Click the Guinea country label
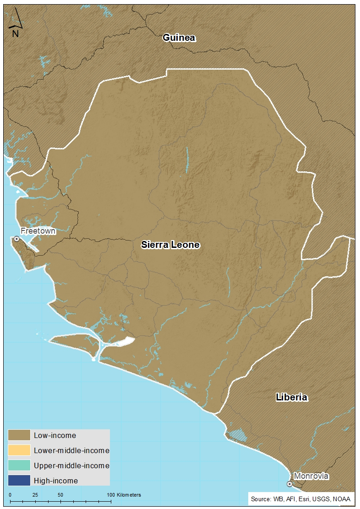tap(180, 38)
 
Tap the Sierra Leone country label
tap(170, 245)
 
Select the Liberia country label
tap(291, 397)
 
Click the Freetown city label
tap(38, 231)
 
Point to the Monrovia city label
tap(311, 476)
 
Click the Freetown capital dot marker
tap(16, 239)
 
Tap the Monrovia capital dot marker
tap(289, 484)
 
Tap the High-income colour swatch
tap(19, 481)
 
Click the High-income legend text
tap(56, 481)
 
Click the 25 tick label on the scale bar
tap(35, 495)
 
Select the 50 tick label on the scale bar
tap(60, 495)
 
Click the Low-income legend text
tap(55, 436)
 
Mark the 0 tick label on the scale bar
tap(10, 495)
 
